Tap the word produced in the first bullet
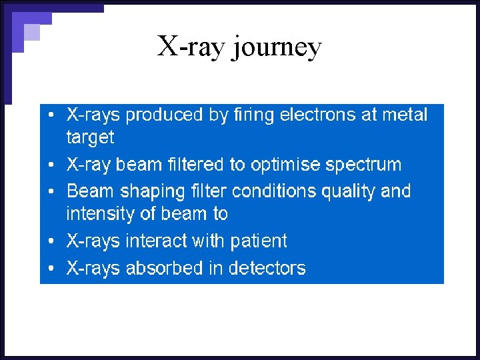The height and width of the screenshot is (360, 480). (166, 115)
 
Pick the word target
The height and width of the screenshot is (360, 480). (90, 138)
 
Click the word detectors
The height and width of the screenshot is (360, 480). (267, 268)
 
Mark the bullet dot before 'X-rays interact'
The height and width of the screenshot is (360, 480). (53, 241)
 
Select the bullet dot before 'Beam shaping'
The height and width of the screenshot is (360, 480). (53, 192)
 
